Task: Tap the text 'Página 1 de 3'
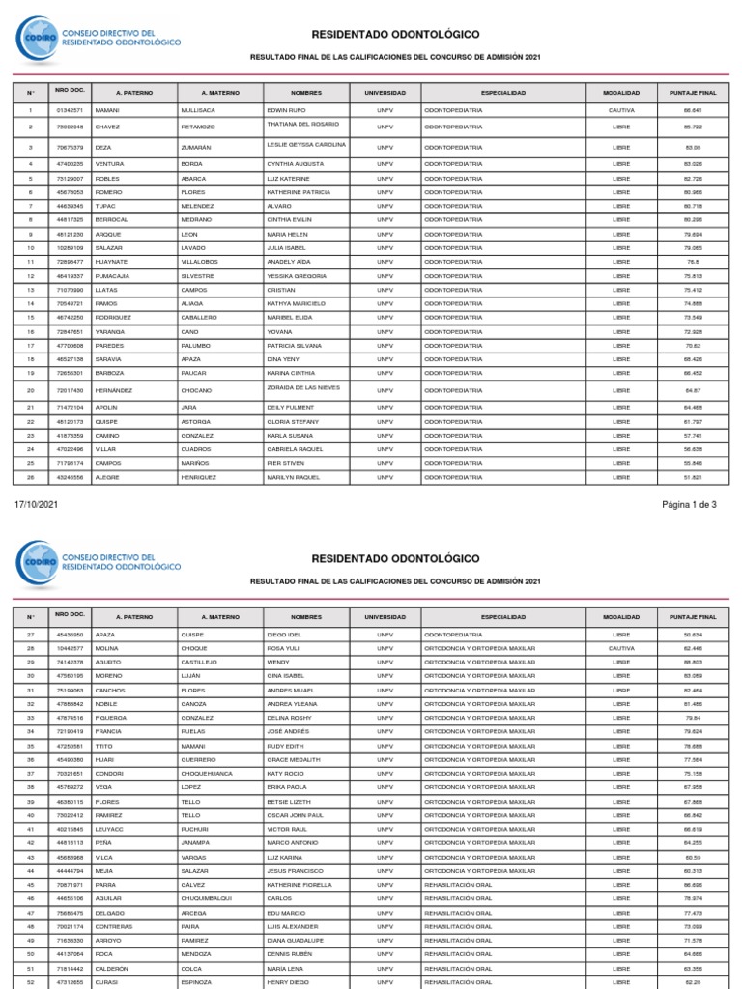(689, 504)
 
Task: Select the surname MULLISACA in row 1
(201, 110)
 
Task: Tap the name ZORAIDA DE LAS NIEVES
(305, 387)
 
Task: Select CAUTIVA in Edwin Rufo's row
(621, 110)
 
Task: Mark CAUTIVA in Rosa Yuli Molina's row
(621, 648)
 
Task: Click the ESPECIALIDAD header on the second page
(503, 616)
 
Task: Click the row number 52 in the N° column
(30, 982)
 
